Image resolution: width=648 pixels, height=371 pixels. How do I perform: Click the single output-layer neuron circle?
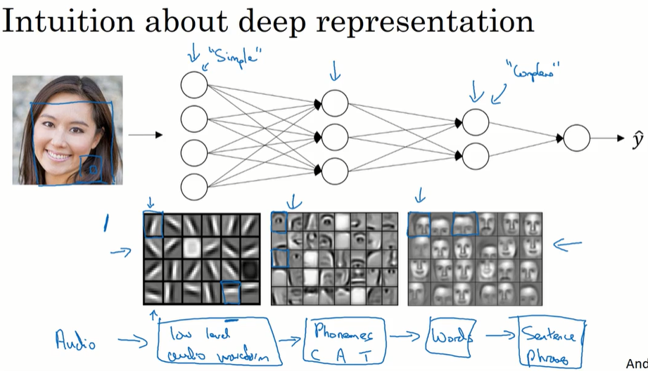click(576, 138)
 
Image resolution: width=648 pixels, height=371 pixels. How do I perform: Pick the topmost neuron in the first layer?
click(194, 85)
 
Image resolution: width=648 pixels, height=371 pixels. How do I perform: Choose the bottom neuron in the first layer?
click(194, 185)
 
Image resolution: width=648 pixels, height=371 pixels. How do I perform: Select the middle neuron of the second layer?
click(334, 136)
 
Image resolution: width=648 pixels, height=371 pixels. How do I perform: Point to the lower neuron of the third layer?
click(476, 155)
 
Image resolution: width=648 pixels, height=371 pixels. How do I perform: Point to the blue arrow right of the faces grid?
click(568, 245)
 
